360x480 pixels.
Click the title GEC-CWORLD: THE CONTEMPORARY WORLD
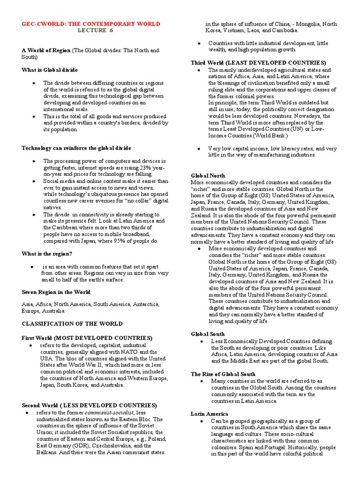pos(91,23)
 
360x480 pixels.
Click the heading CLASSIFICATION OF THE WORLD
pos(72,323)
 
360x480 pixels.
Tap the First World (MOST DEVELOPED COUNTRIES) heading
pos(87,337)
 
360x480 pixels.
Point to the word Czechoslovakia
pos(103,446)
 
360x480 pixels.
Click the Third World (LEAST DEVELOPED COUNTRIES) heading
pos(258,62)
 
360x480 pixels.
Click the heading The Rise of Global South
pos(223,374)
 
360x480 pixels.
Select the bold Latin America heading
pos(210,414)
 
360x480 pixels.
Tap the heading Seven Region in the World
pos(56,292)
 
